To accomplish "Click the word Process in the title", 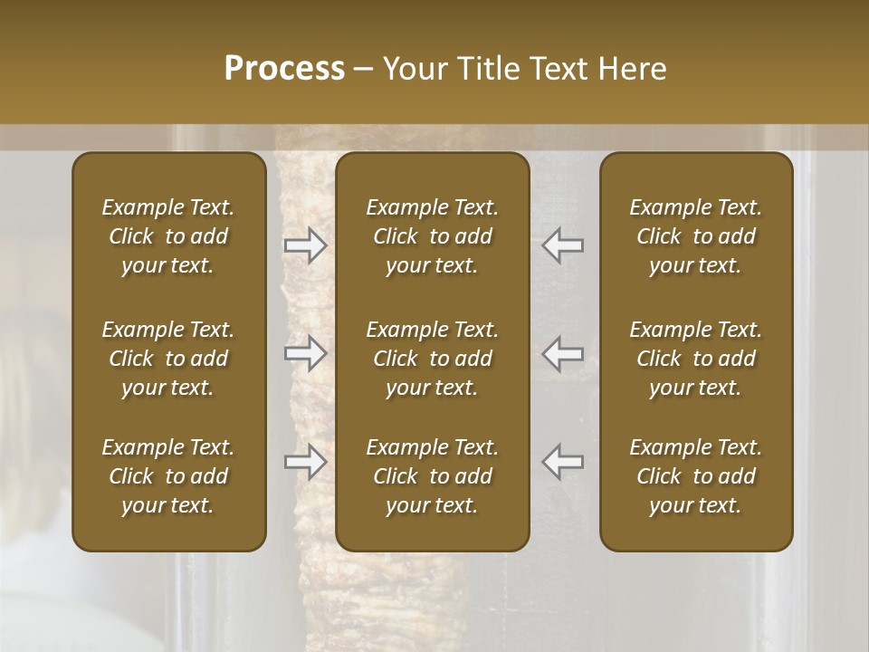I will (x=284, y=68).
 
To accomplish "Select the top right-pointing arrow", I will (x=306, y=245).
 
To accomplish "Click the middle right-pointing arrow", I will (x=306, y=353).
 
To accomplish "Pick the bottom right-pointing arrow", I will (x=306, y=462).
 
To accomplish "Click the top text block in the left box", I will (x=168, y=236).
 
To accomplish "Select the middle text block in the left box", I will (x=168, y=359).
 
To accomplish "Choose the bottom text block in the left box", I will (x=168, y=476).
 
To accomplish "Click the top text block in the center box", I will (x=433, y=236).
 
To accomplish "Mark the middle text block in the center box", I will (x=433, y=359).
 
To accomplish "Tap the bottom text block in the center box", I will (x=433, y=476).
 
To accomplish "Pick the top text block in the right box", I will (x=696, y=236).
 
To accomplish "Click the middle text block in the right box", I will (x=696, y=359).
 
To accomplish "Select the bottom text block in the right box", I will (x=696, y=476).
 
